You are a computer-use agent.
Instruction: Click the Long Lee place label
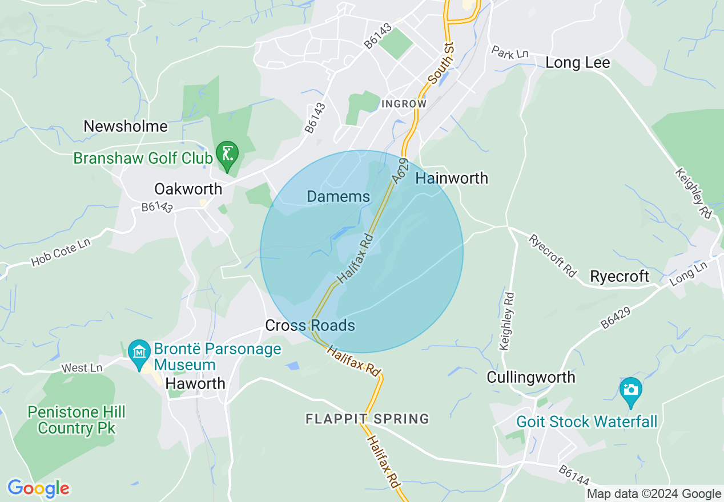(577, 63)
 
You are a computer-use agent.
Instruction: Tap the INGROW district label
(404, 104)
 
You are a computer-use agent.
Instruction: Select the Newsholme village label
(126, 126)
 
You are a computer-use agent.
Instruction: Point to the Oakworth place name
(188, 189)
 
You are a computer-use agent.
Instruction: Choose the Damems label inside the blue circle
(338, 197)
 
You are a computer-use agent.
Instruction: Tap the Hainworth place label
(452, 179)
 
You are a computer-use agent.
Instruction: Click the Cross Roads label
(310, 326)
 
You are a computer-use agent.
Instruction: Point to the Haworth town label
(195, 384)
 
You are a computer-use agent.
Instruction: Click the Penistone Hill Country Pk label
(77, 420)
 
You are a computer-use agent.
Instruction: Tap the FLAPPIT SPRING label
(367, 419)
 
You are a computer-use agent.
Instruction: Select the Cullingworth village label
(531, 377)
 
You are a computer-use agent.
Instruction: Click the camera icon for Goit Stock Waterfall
(630, 390)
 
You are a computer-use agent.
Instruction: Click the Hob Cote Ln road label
(61, 252)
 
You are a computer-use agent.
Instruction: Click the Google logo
(38, 489)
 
